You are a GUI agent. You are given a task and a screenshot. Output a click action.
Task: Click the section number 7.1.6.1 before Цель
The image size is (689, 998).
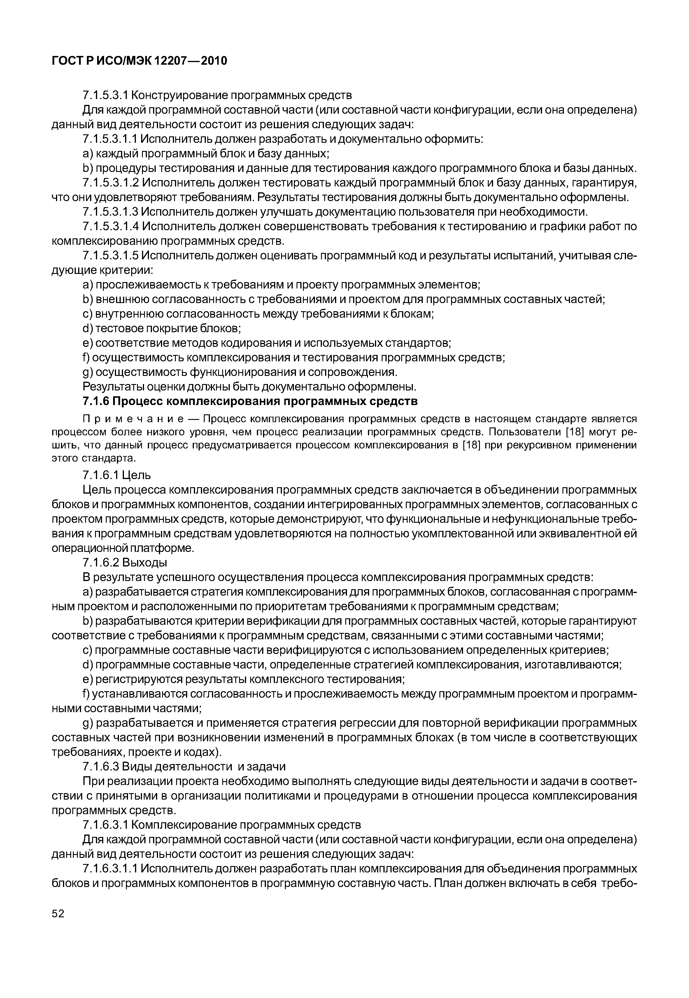100,475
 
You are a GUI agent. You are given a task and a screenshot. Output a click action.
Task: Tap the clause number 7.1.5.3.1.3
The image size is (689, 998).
110,212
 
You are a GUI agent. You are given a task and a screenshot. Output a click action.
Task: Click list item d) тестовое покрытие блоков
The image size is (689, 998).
162,329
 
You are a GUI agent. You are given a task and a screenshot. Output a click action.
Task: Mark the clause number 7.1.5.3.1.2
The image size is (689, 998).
110,183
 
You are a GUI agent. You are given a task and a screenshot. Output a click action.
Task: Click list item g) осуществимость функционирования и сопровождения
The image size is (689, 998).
240,372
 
